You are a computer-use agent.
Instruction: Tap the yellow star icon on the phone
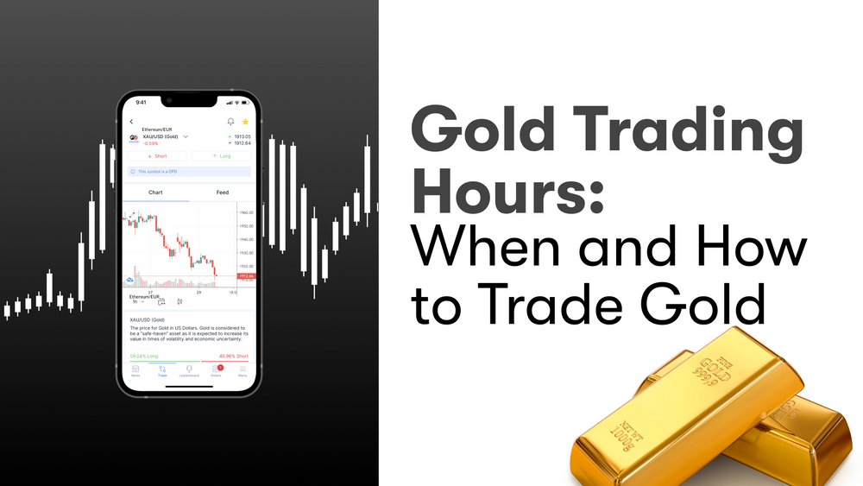click(x=245, y=122)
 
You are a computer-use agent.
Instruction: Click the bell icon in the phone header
click(x=230, y=122)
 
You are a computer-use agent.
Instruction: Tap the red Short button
click(x=156, y=156)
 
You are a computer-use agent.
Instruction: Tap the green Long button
click(x=220, y=156)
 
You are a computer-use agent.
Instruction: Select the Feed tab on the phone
click(x=222, y=193)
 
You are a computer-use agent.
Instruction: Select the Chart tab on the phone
click(x=155, y=193)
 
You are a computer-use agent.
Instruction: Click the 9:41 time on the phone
click(x=142, y=103)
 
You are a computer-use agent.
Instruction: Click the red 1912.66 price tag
click(x=245, y=276)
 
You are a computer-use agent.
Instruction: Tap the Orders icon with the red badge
click(x=216, y=369)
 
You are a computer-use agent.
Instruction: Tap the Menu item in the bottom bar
click(x=243, y=370)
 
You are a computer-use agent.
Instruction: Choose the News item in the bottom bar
click(x=135, y=370)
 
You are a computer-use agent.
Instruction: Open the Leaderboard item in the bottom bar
click(x=189, y=370)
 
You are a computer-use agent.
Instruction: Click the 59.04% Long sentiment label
click(x=143, y=356)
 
